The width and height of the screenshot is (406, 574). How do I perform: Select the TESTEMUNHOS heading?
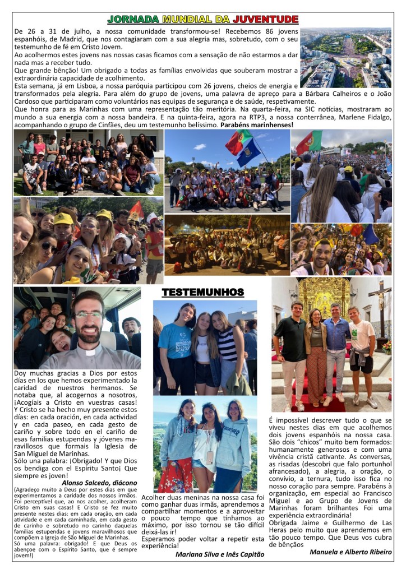tap(202, 293)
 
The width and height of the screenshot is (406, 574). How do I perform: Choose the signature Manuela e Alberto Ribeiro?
tap(350, 552)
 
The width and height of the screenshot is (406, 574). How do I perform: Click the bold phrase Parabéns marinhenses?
tap(257, 124)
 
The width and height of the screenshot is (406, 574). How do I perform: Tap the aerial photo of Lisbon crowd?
tap(345, 58)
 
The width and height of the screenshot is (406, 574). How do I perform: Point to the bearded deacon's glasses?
tap(89, 315)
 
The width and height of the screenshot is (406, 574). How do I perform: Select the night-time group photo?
tap(227, 245)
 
